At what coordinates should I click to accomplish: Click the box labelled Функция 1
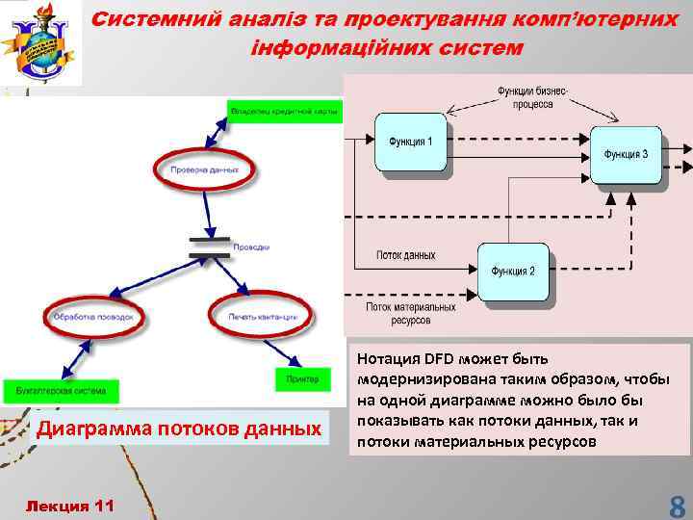[411, 143]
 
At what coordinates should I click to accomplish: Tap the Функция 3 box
[626, 154]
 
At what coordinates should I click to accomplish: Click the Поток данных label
[406, 256]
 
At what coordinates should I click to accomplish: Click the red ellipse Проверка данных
[204, 169]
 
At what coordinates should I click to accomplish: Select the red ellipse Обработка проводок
[94, 316]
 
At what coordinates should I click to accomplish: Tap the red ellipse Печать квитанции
[258, 316]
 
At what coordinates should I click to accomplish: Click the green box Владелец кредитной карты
[285, 112]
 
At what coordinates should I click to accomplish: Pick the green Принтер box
[301, 379]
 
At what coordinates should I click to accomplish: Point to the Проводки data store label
[253, 247]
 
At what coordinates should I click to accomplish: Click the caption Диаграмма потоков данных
[177, 428]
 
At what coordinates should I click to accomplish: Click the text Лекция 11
[71, 506]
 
